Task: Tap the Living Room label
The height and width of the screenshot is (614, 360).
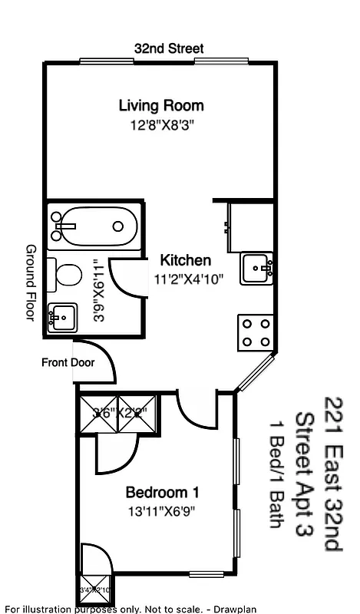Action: coord(161,105)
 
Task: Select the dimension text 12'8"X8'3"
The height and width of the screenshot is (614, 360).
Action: coord(161,125)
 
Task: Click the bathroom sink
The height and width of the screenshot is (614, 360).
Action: coord(62,315)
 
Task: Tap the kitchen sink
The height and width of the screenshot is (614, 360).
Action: coord(256,268)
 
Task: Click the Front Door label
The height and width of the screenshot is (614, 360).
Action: coord(68,362)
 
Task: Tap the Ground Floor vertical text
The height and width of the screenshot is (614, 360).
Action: coord(31,282)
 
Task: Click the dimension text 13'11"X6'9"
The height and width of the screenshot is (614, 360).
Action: coord(162,511)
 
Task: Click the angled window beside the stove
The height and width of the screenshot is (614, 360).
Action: coord(254,373)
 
